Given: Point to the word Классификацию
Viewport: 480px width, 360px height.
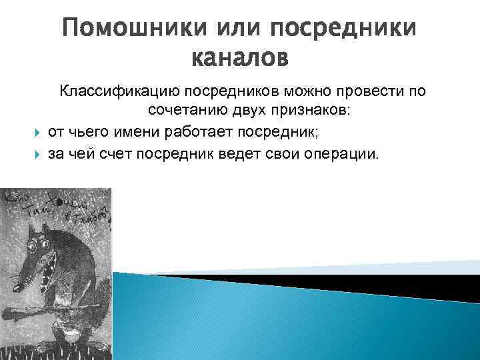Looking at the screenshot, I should (x=117, y=91).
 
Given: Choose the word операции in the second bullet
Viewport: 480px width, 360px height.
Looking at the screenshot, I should (x=343, y=155).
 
